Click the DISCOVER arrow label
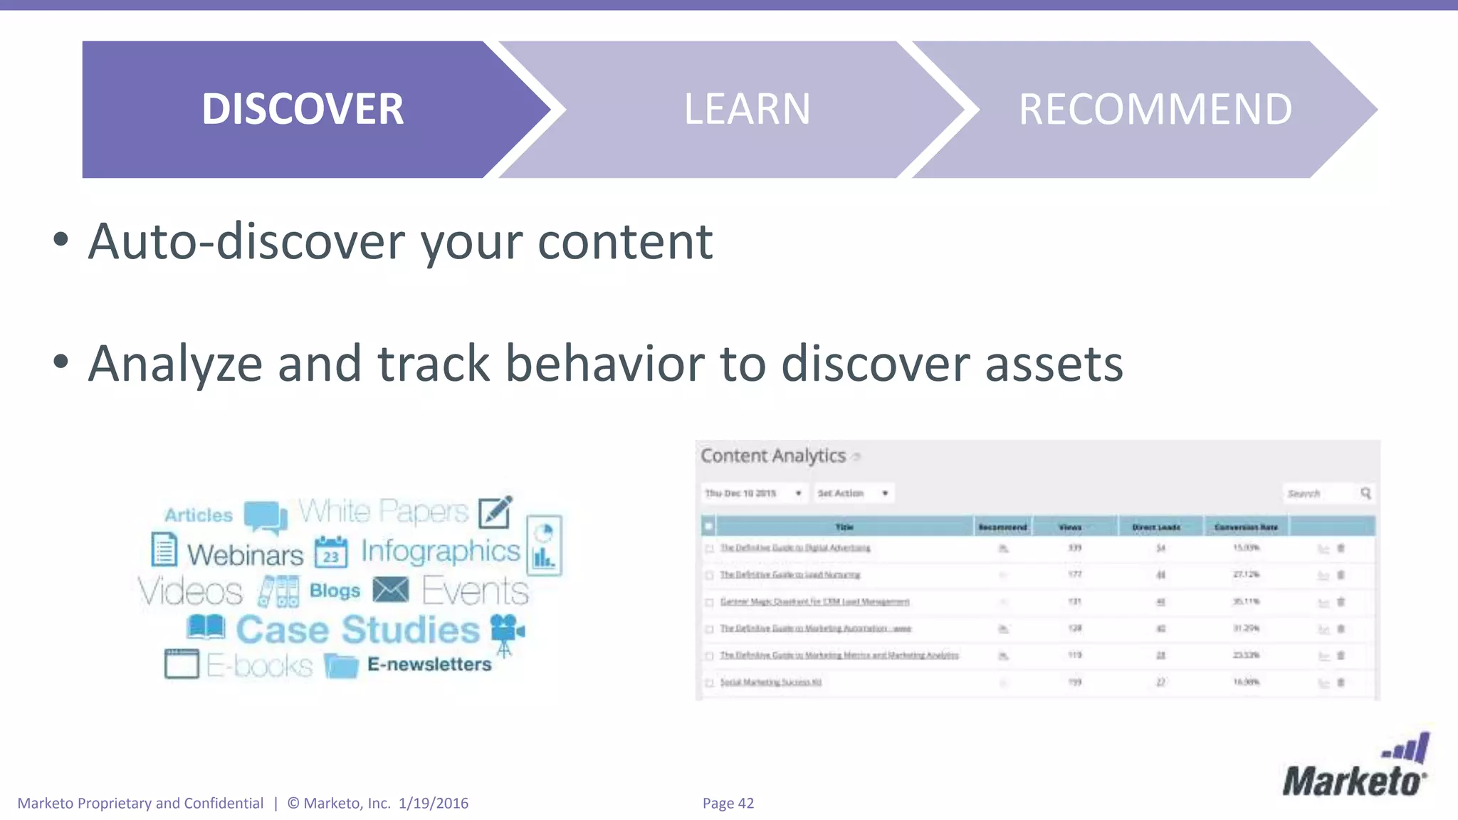(x=303, y=109)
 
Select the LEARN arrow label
(x=747, y=109)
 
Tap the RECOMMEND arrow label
(x=1155, y=109)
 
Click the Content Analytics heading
(x=773, y=456)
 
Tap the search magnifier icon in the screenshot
(x=1365, y=493)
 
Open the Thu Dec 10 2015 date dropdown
(x=753, y=493)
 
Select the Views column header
(x=1070, y=527)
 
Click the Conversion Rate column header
(x=1246, y=527)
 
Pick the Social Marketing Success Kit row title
(x=770, y=682)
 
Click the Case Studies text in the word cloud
(x=357, y=630)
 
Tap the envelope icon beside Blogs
(x=390, y=590)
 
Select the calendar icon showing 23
(x=331, y=552)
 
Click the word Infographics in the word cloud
(x=440, y=551)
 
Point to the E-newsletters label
(x=429, y=664)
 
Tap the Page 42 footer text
(x=728, y=803)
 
